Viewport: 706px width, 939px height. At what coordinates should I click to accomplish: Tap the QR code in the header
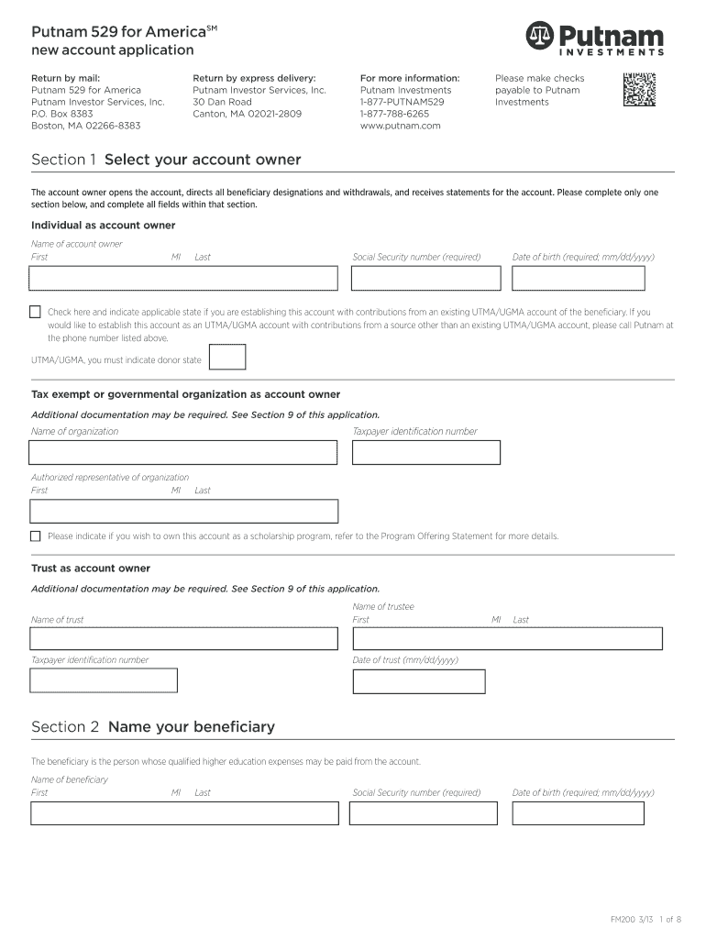click(640, 89)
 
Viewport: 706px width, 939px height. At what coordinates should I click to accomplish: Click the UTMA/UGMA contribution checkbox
click(36, 312)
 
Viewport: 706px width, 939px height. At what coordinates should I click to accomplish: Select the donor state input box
click(227, 357)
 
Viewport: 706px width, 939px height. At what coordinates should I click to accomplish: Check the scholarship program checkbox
click(36, 536)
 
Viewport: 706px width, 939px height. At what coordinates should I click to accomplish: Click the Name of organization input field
click(183, 453)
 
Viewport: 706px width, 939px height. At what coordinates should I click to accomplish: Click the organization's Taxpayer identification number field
click(425, 453)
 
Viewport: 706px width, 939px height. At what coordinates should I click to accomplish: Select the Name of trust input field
click(183, 639)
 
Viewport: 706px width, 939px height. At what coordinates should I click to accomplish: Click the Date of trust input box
click(418, 681)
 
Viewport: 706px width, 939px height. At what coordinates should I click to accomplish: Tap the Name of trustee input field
click(506, 639)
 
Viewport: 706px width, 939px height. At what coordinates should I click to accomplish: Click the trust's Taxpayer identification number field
click(104, 680)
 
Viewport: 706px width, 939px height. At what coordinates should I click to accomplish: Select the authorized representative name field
click(183, 512)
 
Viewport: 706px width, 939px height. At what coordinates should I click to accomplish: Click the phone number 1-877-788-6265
click(394, 114)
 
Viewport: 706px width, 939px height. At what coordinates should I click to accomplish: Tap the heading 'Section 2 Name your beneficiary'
click(153, 727)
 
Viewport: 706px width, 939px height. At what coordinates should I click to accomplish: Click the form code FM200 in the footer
click(624, 919)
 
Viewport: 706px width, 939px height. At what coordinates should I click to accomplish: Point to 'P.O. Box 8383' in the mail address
click(62, 114)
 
